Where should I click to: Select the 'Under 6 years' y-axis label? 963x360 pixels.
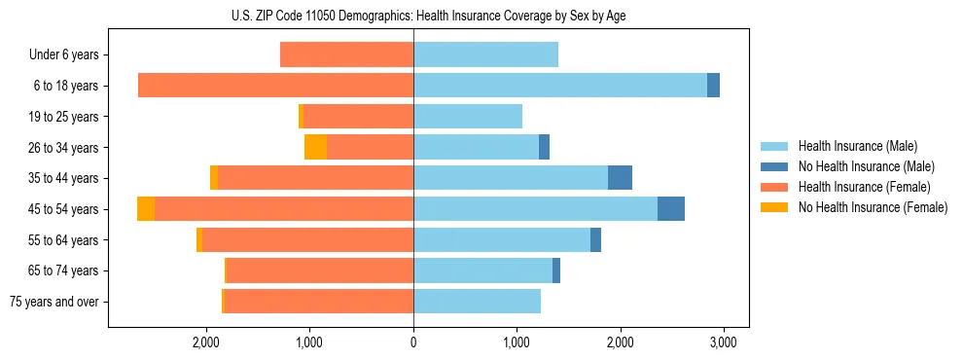tap(63, 54)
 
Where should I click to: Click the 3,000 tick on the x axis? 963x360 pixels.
tap(722, 342)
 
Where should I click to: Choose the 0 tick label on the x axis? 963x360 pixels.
tap(413, 342)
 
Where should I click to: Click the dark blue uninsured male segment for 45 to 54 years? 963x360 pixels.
tap(671, 209)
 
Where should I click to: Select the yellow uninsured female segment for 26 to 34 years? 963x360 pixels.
tap(315, 147)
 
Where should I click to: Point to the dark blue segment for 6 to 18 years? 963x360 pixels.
tap(713, 86)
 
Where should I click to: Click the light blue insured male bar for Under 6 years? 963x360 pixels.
tap(485, 54)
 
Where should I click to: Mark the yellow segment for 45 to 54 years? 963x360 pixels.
tap(146, 209)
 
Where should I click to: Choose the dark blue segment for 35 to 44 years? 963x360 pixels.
tap(620, 178)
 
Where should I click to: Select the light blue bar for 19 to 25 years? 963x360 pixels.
tap(468, 117)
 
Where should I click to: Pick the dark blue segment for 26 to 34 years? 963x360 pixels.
tap(544, 147)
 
